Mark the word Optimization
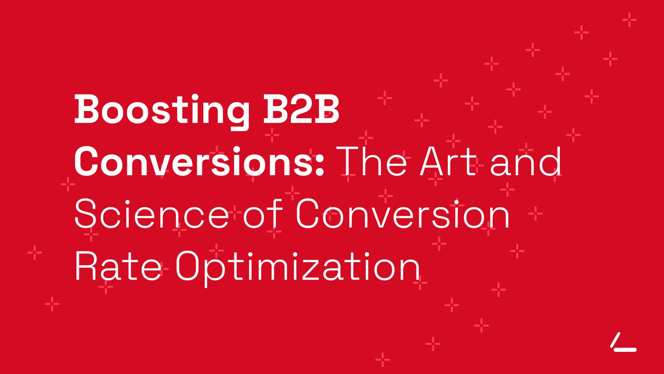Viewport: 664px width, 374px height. coord(298,268)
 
